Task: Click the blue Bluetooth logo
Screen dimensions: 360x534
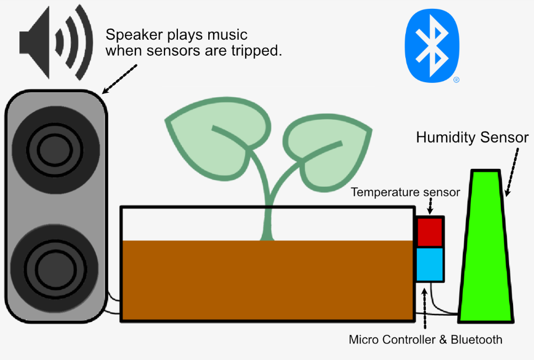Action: [432, 44]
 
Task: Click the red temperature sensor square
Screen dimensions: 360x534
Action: [430, 231]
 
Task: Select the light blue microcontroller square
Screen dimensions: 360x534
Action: [430, 264]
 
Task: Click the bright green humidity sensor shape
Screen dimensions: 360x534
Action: [487, 248]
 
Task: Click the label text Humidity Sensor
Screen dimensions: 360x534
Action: [472, 137]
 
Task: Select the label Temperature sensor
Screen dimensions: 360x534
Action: [405, 193]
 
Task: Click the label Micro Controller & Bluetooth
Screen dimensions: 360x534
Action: [426, 339]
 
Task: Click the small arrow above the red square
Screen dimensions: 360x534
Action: [430, 208]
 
